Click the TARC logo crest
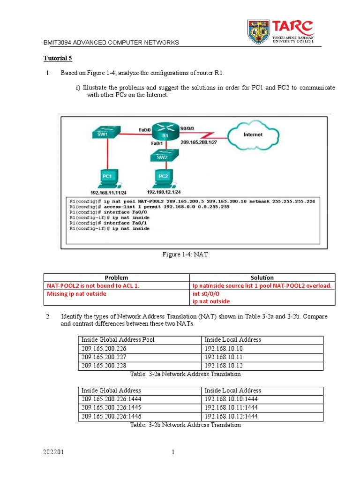tap(259, 31)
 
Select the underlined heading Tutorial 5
tap(58, 59)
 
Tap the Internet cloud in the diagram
tap(252, 135)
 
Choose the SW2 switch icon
tap(163, 157)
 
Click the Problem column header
tap(116, 277)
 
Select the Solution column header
tap(262, 277)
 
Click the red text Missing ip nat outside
tap(76, 294)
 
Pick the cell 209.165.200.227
tap(104, 357)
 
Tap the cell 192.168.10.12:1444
tap(231, 416)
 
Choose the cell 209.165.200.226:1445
tap(111, 408)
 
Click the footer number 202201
tap(52, 452)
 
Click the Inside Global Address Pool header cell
tap(118, 340)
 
